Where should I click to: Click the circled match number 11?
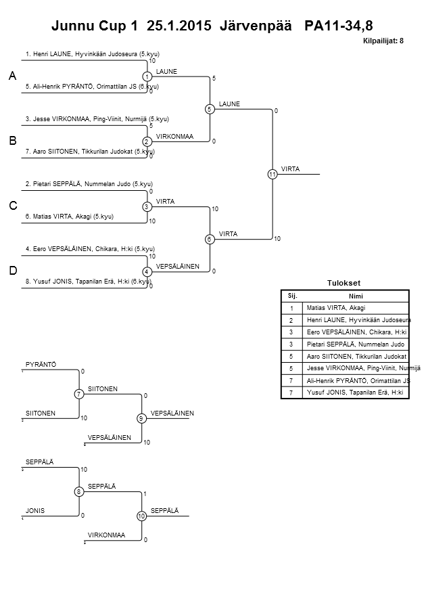coord(273,175)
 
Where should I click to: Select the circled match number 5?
coord(210,109)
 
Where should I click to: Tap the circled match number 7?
coord(79,394)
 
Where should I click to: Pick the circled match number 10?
coord(141,516)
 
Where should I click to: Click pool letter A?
coord(13,77)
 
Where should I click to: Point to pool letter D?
coord(13,271)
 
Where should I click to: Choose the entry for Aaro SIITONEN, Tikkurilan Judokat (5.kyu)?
coord(91,152)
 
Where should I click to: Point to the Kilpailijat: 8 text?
coord(384,41)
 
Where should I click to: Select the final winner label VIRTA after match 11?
coord(291,169)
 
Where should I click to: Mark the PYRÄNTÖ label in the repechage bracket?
coord(41,365)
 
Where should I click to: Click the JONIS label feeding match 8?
coord(35,511)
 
